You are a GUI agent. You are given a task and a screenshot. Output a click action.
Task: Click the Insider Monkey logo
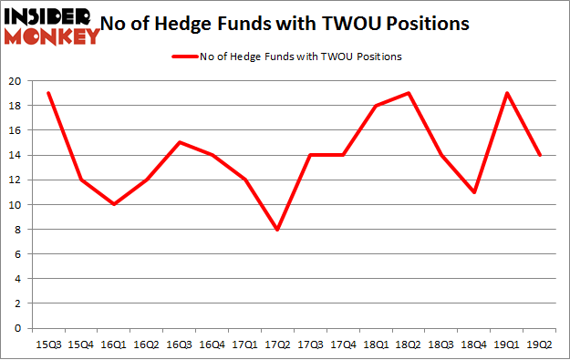(51, 25)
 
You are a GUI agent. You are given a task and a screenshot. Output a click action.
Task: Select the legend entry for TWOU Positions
(288, 57)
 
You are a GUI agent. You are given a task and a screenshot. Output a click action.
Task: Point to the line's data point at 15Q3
(47, 93)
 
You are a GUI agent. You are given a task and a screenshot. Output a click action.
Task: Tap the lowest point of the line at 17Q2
(277, 229)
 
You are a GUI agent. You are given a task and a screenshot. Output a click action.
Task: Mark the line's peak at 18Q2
(409, 93)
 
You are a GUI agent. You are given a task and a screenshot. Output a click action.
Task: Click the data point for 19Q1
(507, 93)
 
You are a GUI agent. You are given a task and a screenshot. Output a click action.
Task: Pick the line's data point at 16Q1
(113, 204)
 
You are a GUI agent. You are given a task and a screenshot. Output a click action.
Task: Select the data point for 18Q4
(474, 192)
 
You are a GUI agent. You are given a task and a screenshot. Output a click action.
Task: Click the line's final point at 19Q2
(540, 155)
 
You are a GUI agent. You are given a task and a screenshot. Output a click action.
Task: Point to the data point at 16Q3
(179, 142)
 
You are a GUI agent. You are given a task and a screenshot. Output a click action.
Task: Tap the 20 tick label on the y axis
(16, 80)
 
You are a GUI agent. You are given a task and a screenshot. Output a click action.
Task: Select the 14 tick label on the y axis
(16, 155)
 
